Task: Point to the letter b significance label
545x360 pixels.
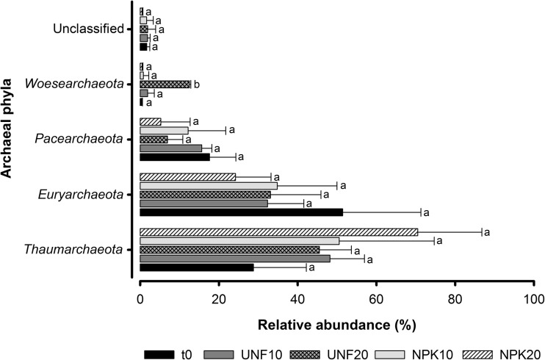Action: coord(196,84)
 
